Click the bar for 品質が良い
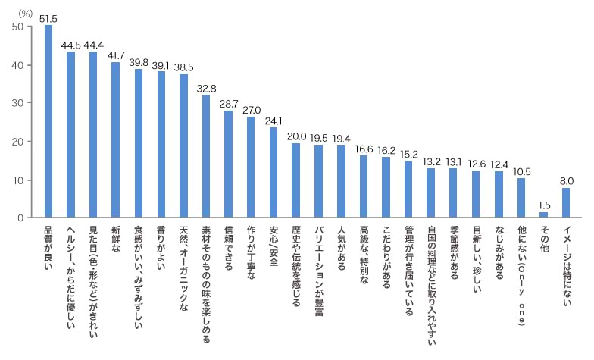point(48,121)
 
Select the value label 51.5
point(48,17)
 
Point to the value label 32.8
point(205,87)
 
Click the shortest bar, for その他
point(543,215)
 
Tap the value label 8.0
point(566,181)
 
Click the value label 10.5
point(521,171)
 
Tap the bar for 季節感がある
point(453,193)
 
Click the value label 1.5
point(543,205)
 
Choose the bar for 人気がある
point(341,181)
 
